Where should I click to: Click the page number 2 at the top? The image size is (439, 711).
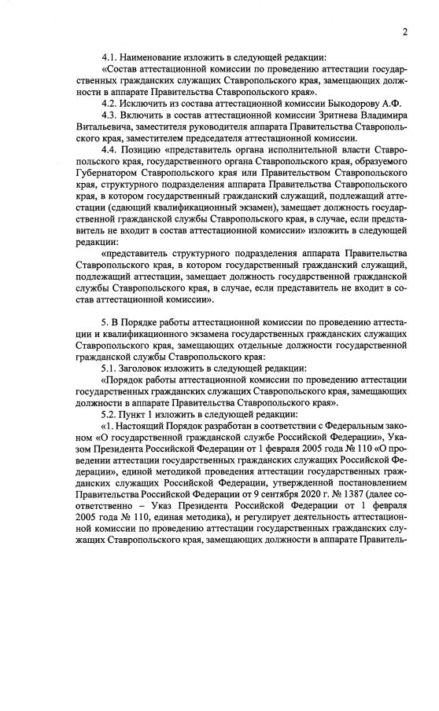[404, 32]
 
